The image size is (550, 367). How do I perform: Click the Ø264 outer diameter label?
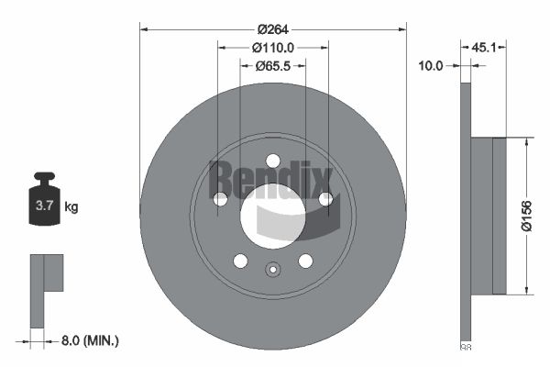(272, 26)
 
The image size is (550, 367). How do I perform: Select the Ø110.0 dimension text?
(272, 48)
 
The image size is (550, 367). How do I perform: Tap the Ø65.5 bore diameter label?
(272, 66)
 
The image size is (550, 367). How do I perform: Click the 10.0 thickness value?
(431, 66)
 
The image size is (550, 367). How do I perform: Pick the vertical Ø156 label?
(526, 217)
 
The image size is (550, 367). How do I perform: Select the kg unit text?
(71, 207)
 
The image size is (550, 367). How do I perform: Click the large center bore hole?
(272, 215)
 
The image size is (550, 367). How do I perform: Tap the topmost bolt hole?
(272, 161)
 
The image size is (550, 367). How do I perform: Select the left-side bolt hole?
(220, 199)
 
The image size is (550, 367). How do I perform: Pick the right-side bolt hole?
(324, 199)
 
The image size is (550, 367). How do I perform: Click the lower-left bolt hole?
(240, 261)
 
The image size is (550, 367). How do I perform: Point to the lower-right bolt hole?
(304, 261)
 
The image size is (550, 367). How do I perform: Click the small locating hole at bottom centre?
(272, 270)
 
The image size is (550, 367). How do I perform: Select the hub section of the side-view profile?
(499, 216)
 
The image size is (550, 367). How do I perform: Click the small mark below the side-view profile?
(465, 347)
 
